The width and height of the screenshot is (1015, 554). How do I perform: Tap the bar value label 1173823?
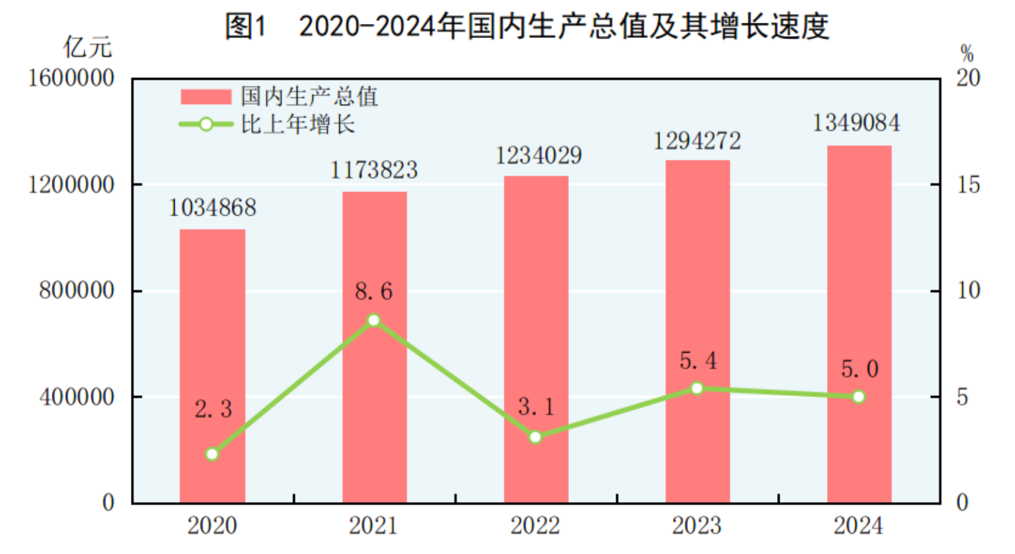click(374, 170)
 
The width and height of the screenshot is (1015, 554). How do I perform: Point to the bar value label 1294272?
click(697, 141)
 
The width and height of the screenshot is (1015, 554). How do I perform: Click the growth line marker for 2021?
click(374, 321)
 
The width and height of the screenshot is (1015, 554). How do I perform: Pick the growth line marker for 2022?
click(535, 437)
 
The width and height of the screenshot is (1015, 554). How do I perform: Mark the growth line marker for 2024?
click(859, 397)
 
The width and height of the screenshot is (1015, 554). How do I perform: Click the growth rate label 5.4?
click(698, 361)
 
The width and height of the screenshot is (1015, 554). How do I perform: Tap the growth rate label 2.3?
click(213, 409)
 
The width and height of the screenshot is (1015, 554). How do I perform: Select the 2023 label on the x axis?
click(697, 526)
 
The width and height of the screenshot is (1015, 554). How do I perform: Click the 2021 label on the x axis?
click(373, 526)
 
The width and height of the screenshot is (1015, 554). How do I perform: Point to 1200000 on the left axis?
click(71, 185)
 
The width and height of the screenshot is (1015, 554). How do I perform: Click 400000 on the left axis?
click(77, 397)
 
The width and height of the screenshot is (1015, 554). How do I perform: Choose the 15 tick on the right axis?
click(968, 185)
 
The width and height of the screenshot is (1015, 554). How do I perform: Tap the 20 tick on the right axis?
click(968, 78)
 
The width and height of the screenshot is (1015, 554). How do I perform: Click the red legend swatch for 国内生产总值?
click(206, 97)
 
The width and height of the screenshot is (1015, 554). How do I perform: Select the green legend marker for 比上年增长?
click(206, 125)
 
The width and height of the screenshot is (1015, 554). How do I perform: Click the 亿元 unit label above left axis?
click(87, 47)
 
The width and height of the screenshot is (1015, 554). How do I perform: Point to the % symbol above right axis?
click(966, 53)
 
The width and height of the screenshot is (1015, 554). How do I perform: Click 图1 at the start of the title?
click(246, 26)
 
